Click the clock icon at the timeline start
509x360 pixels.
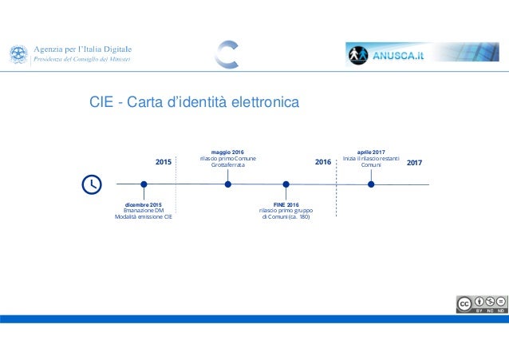coord(93,184)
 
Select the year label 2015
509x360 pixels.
coord(164,163)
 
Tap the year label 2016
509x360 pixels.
coord(323,163)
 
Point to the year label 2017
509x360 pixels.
coord(415,163)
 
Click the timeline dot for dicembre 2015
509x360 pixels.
coord(144,184)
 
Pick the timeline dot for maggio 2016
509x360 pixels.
coord(228,184)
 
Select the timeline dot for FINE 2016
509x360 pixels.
coord(286,184)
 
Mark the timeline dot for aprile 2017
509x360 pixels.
coord(371,184)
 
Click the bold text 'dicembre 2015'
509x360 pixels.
coord(144,205)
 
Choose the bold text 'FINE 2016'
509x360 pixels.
coord(286,205)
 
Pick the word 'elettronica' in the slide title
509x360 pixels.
coord(262,102)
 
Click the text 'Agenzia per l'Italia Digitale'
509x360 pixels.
coord(82,49)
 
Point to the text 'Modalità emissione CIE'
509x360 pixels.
coord(144,217)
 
